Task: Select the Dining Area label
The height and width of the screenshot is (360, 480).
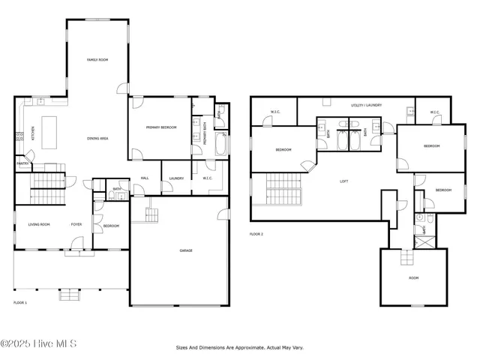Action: [x=94, y=139]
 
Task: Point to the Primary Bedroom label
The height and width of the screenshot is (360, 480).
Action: [x=161, y=127]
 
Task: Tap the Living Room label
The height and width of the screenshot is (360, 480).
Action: [x=40, y=224]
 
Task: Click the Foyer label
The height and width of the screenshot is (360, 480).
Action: [x=76, y=224]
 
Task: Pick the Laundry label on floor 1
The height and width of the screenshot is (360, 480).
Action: [x=176, y=178]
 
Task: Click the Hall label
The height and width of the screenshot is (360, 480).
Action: [x=145, y=178]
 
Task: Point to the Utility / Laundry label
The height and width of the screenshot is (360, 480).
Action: [x=367, y=106]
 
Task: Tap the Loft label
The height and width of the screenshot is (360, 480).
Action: [x=344, y=181]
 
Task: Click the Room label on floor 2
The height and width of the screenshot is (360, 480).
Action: [x=413, y=277]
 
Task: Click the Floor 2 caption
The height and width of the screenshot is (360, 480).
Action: [x=256, y=234]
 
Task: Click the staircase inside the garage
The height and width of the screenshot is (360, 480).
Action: [x=152, y=214]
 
